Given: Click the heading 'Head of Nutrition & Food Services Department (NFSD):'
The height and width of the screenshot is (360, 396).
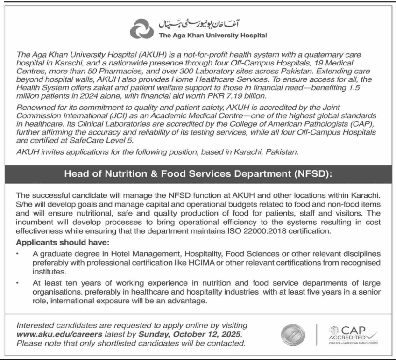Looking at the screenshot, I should pyautogui.click(x=198, y=174).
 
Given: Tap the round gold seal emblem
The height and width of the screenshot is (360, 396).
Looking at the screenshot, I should pyautogui.click(x=293, y=335).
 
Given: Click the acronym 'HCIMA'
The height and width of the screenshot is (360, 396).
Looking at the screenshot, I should pyautogui.click(x=214, y=263).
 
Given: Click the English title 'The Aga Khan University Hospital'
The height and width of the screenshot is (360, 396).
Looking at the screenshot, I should pyautogui.click(x=212, y=35).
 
